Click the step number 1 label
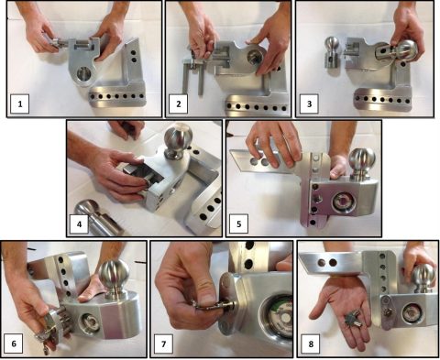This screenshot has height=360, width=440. pos(20,104)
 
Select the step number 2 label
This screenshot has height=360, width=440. pos(179,104)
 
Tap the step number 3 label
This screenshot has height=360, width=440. pos(309,104)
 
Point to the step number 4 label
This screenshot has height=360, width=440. pos(79,224)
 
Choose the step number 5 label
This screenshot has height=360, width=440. pos(238,224)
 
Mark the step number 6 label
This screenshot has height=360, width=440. pos(14,344)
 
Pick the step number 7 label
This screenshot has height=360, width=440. pos(163,344)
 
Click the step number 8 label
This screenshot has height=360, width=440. pos(311,344)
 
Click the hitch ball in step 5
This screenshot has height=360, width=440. pos(362,164)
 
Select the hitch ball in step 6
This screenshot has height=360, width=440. pos(114,278)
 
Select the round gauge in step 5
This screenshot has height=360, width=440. pos(344,202)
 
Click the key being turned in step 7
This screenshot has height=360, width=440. pos(214,305)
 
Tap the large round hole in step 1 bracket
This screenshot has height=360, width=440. pos(82,74)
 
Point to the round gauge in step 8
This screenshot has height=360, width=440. pos(412,313)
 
